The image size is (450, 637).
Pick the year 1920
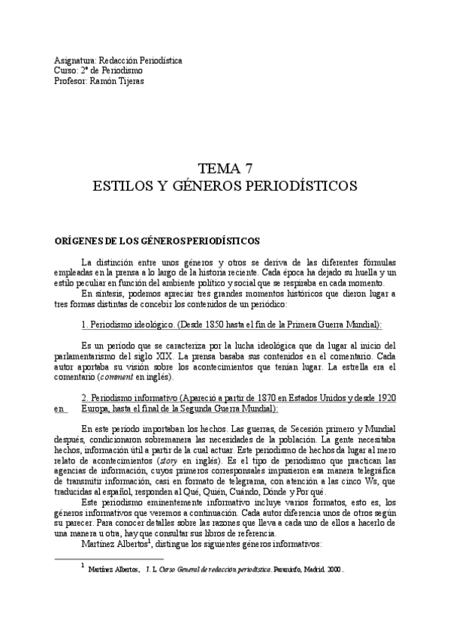382,397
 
